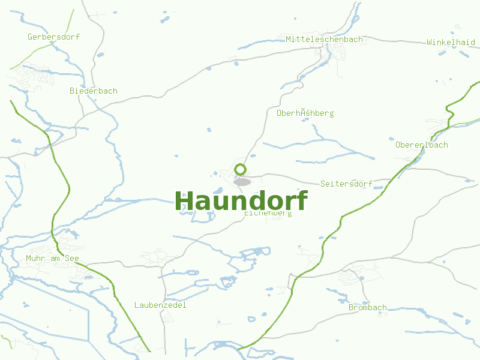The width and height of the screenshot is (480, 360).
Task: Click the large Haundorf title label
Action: pos(241,201)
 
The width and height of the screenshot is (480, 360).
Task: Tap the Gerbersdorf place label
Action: pos(53,37)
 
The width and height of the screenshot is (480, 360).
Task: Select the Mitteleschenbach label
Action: pos(324,39)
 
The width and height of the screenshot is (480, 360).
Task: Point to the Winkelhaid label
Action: pos(451,42)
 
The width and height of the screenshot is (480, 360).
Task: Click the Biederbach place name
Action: pos(93,91)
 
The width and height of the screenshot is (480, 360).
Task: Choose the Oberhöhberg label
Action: pos(305,113)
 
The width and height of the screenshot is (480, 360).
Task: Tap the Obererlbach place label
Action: pos(421,145)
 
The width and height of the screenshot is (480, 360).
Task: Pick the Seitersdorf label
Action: pos(346,183)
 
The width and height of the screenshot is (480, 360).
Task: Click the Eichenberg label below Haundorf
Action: pos(268,213)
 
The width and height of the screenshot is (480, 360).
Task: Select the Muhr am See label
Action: pos(52,259)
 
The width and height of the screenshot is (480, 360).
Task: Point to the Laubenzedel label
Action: pos(160,305)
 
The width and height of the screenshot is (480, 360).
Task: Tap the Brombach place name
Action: pos(367,307)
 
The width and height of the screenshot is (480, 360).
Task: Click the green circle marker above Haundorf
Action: pos(241,169)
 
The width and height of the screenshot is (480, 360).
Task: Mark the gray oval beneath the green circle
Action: pos(242,181)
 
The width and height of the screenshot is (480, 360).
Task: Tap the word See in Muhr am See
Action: pos(71,259)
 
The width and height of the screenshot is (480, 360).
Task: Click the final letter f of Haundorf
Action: pos(302,200)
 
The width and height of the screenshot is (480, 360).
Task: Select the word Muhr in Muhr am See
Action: pos(35,259)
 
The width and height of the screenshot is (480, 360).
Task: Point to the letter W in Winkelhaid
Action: pos(430,42)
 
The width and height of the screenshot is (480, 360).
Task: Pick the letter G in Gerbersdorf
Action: pos(30,37)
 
